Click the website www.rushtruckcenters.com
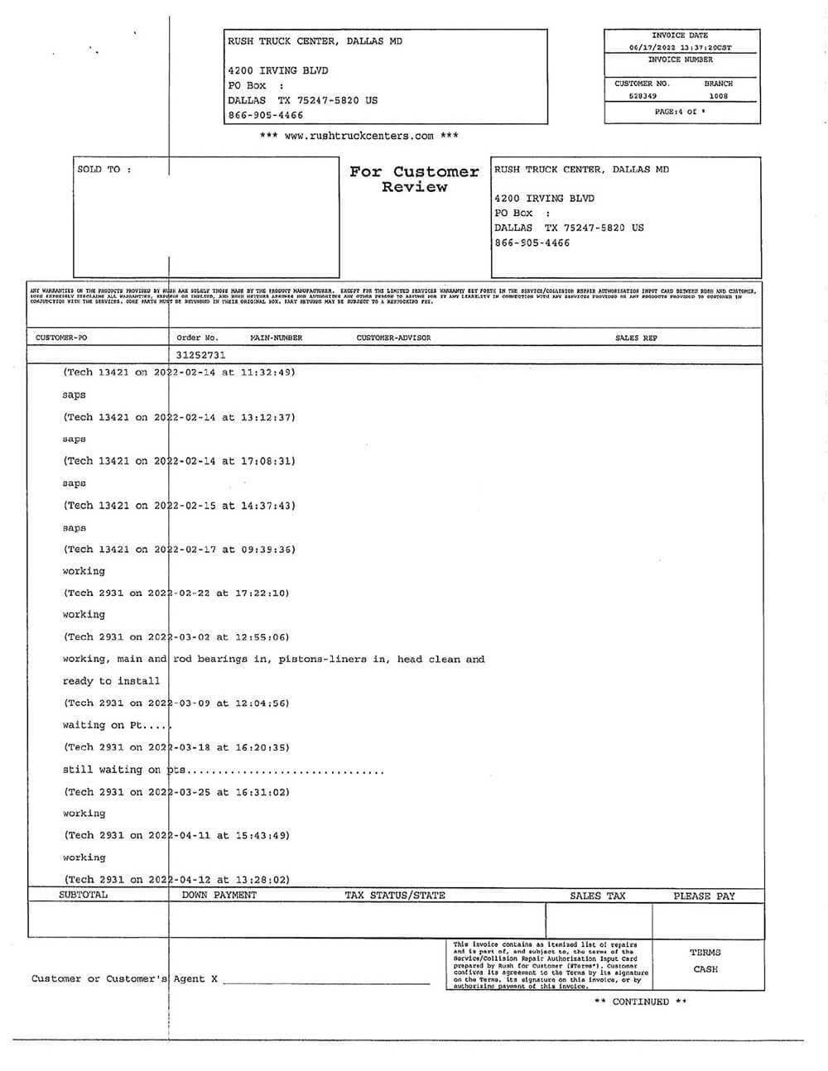click(x=359, y=136)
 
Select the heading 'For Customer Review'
click(x=414, y=179)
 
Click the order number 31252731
click(x=200, y=355)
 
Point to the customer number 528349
click(x=643, y=96)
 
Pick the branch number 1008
click(x=718, y=96)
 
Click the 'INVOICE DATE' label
click(x=680, y=36)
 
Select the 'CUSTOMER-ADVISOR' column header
click(x=393, y=338)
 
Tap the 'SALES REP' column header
click(x=636, y=338)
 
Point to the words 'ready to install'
click(x=111, y=681)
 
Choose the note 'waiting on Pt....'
click(x=116, y=725)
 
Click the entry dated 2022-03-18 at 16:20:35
click(x=177, y=747)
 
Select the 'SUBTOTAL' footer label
click(x=83, y=895)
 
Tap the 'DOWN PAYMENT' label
click(x=219, y=895)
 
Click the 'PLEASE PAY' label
click(x=704, y=896)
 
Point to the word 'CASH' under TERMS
click(x=705, y=969)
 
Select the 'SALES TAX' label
click(x=597, y=896)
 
